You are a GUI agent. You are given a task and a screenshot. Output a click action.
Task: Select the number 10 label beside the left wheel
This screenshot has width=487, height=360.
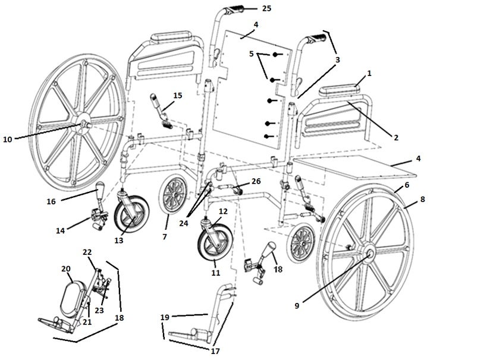click(7, 139)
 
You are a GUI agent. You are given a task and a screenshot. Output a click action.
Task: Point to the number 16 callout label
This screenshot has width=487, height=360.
click(51, 201)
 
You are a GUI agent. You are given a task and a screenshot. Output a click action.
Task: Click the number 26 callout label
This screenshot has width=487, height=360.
click(256, 181)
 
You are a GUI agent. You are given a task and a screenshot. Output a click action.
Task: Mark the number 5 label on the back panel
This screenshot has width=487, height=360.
click(252, 53)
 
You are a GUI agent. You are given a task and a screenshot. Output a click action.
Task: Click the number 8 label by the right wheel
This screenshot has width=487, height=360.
click(423, 200)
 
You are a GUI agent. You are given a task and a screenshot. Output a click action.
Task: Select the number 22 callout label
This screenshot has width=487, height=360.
click(87, 253)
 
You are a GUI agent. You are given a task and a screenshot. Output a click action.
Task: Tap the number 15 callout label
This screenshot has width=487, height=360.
click(177, 95)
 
